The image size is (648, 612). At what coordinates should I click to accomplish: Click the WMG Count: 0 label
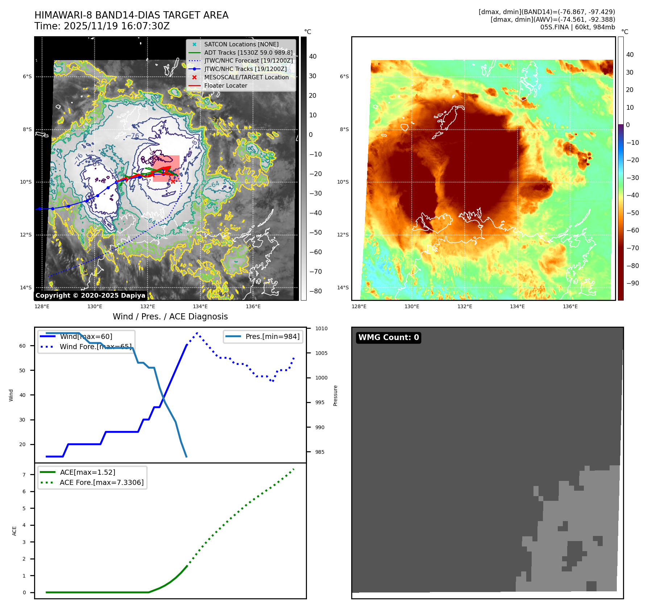[x=389, y=338]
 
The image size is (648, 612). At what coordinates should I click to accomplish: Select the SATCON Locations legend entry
[x=241, y=44]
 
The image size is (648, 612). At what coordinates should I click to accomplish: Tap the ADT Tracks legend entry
[x=248, y=53]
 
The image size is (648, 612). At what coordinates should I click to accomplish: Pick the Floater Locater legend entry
[x=225, y=85]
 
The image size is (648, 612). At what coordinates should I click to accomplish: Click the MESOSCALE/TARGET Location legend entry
[x=246, y=77]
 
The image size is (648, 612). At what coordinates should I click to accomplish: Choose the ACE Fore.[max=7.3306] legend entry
[x=101, y=482]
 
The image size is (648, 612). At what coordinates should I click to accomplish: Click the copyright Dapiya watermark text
[x=90, y=295]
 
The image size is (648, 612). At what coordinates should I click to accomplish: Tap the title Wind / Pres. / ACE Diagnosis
[x=170, y=317]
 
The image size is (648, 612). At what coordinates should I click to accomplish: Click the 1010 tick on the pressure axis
[x=321, y=328]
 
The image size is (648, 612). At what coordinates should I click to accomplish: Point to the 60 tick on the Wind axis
[x=22, y=346]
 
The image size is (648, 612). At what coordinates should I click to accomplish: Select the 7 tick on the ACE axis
[x=24, y=475]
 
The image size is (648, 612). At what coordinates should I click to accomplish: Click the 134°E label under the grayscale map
[x=200, y=306]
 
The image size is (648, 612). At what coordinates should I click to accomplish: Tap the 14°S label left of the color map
[x=343, y=288]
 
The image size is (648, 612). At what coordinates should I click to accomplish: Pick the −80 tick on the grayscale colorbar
[x=315, y=291]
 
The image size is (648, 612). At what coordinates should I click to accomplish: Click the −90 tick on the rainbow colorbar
[x=632, y=283]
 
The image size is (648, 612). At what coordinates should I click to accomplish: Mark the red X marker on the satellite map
[x=173, y=181]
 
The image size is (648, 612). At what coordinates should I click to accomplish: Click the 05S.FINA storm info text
[x=577, y=27]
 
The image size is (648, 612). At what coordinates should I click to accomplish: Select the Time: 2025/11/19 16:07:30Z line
[x=102, y=26]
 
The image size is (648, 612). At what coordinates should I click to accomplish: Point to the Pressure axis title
[x=335, y=395]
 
